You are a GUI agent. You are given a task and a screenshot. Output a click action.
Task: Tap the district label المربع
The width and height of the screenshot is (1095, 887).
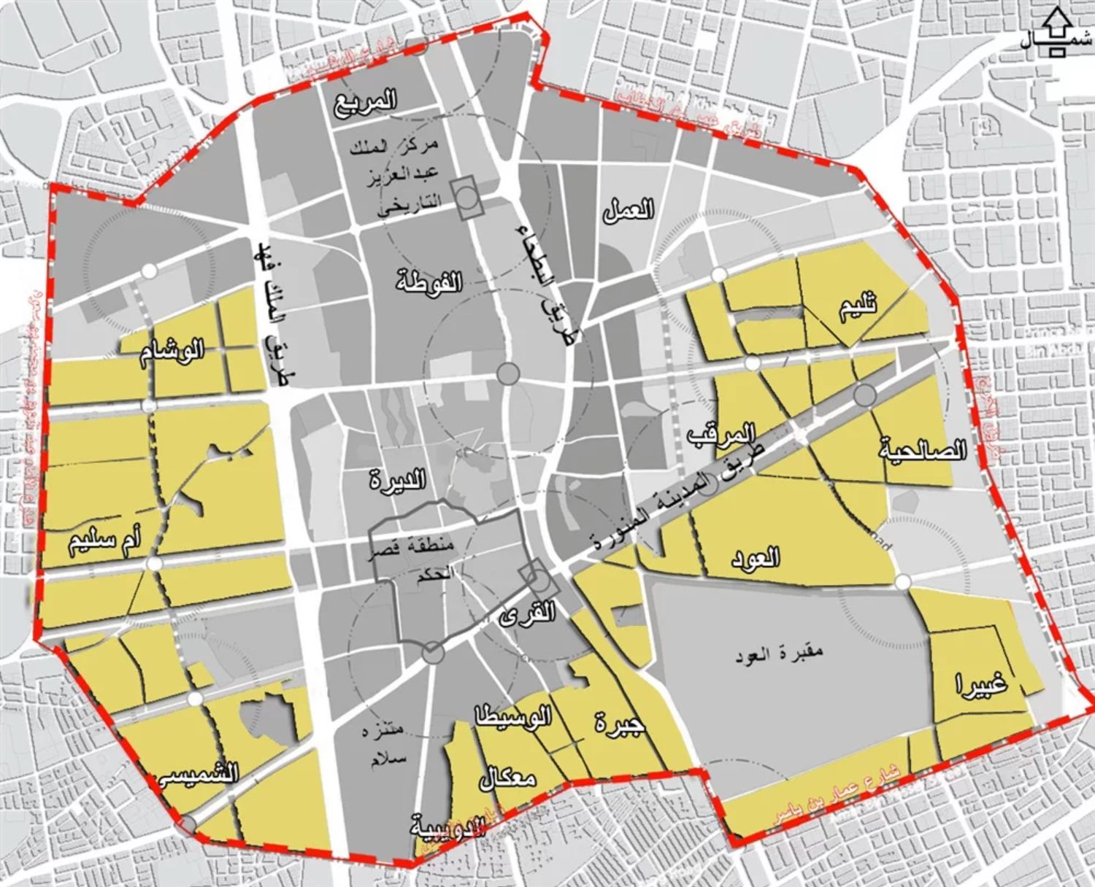(366, 101)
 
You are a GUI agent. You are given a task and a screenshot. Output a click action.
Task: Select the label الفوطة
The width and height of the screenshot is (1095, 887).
(429, 281)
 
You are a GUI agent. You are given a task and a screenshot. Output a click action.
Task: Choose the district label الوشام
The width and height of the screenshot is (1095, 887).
(173, 352)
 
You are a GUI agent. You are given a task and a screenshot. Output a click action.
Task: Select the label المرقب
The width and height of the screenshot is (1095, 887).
(721, 434)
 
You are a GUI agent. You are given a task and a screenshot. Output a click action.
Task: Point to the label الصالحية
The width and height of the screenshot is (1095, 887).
(923, 450)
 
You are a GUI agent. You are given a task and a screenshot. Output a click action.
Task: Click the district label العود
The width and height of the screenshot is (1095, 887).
(755, 558)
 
